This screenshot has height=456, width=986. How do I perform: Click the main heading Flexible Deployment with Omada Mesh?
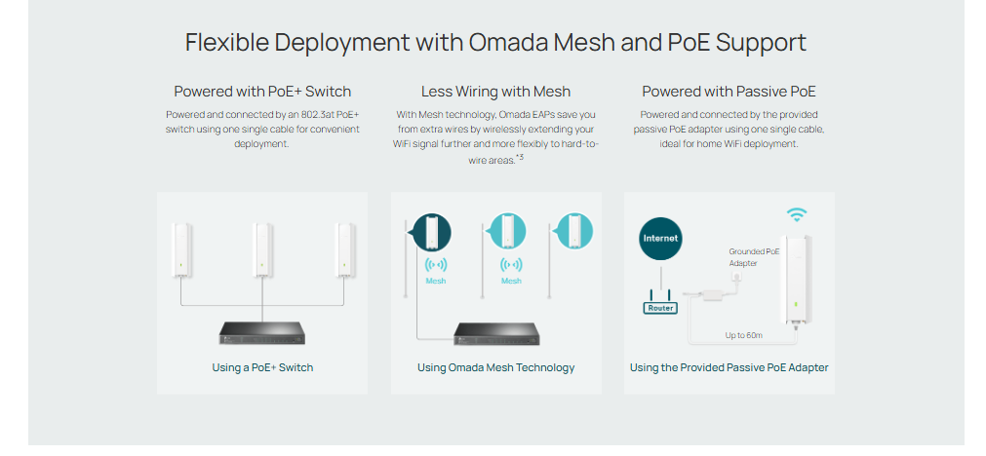coord(495,43)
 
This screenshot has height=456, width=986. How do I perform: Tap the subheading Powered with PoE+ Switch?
coord(262,92)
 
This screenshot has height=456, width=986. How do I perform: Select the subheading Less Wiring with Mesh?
coord(495,92)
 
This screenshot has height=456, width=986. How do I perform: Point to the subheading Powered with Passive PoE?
coord(729,92)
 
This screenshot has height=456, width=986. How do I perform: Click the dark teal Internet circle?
coord(660,239)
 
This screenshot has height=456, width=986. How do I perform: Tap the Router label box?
coord(660,308)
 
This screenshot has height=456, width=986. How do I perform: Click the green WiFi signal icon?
coord(798,214)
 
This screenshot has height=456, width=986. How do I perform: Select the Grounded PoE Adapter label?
coord(754,257)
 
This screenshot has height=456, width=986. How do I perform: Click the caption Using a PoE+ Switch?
coord(262,368)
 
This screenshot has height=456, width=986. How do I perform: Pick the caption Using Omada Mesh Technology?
coord(495,368)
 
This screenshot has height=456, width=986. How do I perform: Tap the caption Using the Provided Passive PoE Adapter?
coord(729,368)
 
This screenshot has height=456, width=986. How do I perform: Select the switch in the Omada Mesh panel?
coord(495,333)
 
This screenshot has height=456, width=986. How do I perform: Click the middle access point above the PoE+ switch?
coord(261,248)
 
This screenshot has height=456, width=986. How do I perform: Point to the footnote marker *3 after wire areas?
coord(520,157)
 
